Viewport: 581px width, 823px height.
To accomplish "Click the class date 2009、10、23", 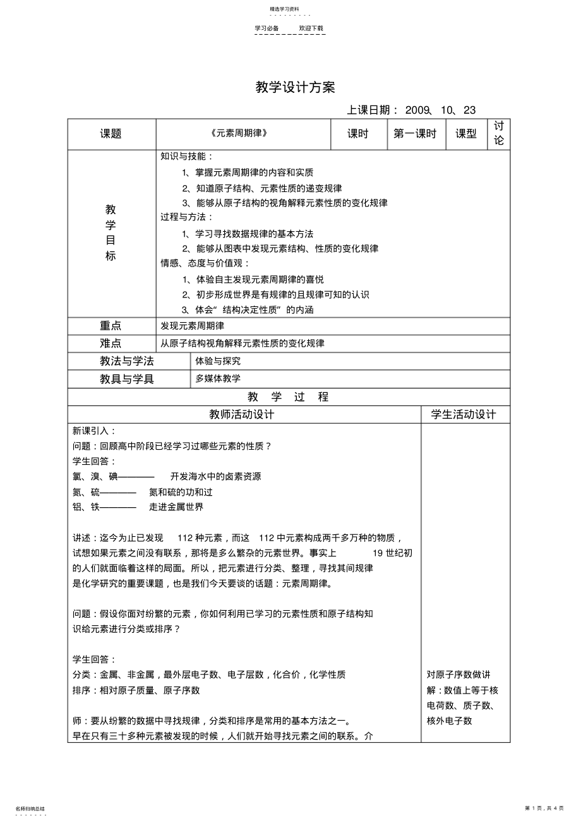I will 440,111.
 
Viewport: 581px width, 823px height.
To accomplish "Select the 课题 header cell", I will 111,134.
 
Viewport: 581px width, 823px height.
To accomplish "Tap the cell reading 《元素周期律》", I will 233,134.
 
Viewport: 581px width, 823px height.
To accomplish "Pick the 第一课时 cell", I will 415,134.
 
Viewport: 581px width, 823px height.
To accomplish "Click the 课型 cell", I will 466,134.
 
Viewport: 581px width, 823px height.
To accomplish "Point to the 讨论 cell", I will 499,134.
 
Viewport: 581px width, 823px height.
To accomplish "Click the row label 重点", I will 111,326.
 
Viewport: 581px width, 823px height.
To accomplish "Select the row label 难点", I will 111,344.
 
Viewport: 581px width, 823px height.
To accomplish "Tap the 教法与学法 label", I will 127,361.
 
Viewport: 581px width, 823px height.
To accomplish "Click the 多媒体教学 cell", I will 218,379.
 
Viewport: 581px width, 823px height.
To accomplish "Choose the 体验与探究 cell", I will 218,361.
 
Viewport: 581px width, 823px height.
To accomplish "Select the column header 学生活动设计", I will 464,415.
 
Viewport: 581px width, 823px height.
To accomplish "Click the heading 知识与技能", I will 187,157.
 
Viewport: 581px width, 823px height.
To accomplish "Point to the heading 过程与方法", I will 187,218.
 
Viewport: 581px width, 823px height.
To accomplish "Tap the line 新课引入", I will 95,431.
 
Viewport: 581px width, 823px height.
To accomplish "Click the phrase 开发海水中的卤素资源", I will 216,477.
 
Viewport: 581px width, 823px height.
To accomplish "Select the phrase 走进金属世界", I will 176,507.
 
